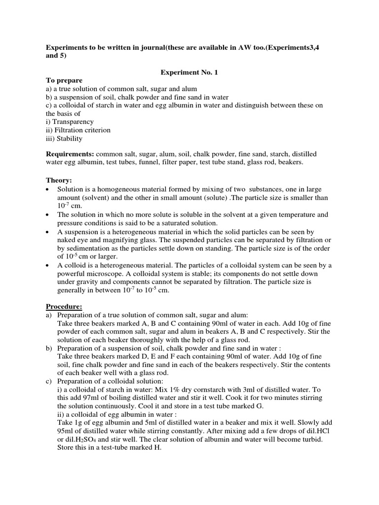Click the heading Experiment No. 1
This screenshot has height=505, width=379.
[189, 72]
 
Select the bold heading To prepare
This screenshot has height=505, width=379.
[64, 80]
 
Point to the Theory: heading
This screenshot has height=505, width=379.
[59, 181]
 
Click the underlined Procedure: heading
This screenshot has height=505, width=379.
[64, 307]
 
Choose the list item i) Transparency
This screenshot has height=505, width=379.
[70, 121]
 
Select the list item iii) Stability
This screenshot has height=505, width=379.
[64, 139]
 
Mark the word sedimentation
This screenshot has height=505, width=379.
[88, 248]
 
